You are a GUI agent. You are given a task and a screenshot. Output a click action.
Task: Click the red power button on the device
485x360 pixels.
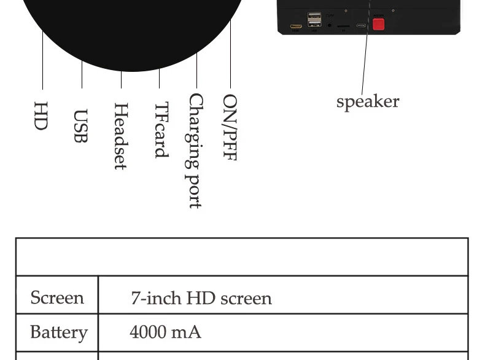click(x=378, y=24)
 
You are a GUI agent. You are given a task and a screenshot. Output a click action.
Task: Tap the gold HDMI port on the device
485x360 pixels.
click(x=296, y=27)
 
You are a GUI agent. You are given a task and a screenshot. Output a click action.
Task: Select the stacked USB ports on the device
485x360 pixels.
click(x=314, y=20)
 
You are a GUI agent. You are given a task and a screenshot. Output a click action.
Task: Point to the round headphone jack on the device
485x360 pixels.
click(x=330, y=26)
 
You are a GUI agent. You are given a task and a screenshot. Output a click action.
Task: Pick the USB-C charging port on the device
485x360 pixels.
click(x=361, y=26)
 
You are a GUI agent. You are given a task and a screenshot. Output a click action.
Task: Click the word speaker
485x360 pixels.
click(x=368, y=101)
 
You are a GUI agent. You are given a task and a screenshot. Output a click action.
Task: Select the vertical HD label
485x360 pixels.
click(x=41, y=115)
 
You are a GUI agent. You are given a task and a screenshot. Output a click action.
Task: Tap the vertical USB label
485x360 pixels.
click(x=80, y=126)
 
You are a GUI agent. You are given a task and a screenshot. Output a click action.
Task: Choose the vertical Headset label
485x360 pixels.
click(x=120, y=136)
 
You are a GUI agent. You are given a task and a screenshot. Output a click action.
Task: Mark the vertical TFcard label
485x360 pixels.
click(x=160, y=130)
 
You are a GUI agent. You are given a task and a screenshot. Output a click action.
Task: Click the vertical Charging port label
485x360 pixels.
click(x=195, y=151)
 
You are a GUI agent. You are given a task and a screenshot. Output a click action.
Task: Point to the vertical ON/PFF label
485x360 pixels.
click(x=230, y=127)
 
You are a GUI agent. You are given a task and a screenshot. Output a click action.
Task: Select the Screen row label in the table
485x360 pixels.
click(x=57, y=298)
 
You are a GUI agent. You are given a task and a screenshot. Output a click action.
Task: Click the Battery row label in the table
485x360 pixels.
click(x=58, y=332)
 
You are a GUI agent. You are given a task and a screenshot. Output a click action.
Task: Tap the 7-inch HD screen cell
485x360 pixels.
click(x=201, y=299)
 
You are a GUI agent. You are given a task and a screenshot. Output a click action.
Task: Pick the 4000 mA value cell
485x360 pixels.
click(x=165, y=332)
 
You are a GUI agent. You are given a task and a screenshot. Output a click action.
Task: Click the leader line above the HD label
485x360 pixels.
click(x=43, y=61)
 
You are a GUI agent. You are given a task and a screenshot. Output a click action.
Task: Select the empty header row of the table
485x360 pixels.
click(x=242, y=257)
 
